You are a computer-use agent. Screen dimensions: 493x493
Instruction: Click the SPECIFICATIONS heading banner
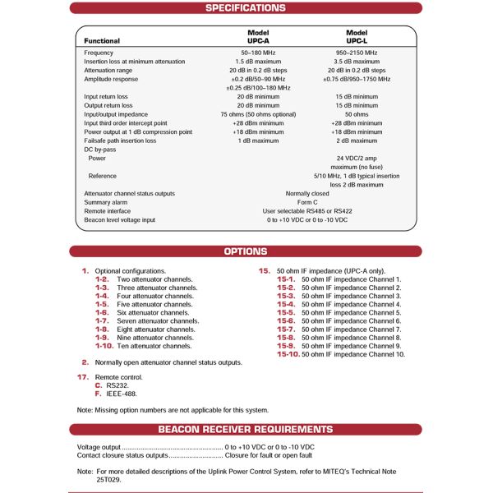click(x=245, y=8)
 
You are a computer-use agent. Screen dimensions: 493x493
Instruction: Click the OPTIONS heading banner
click(x=245, y=251)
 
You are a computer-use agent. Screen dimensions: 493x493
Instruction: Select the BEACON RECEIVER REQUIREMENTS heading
click(x=245, y=429)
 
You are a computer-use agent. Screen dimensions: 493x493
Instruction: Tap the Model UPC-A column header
click(x=258, y=36)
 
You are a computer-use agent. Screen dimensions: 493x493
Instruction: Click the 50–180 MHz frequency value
click(x=258, y=53)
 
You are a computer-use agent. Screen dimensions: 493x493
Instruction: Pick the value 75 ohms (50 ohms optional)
click(x=258, y=114)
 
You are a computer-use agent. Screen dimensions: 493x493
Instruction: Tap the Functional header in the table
click(x=102, y=41)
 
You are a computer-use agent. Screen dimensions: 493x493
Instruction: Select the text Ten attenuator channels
click(x=156, y=346)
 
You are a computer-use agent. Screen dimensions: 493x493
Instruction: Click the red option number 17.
click(x=83, y=376)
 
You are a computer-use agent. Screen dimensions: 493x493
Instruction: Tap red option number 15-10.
click(x=288, y=354)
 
